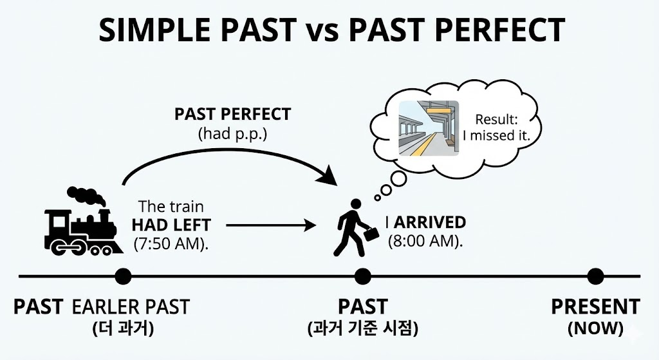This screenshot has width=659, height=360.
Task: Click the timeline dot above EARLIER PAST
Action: click(x=122, y=276)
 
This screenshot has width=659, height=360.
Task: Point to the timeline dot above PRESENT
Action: click(x=596, y=276)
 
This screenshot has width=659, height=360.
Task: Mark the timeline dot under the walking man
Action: click(x=363, y=276)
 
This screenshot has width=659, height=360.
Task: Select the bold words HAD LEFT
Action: click(x=171, y=225)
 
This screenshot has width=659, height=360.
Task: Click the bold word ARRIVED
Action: click(x=430, y=223)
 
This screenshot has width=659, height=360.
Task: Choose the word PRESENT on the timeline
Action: click(x=595, y=307)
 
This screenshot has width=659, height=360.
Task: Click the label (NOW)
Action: click(x=595, y=328)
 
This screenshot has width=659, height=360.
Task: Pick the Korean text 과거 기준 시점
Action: click(x=363, y=328)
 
